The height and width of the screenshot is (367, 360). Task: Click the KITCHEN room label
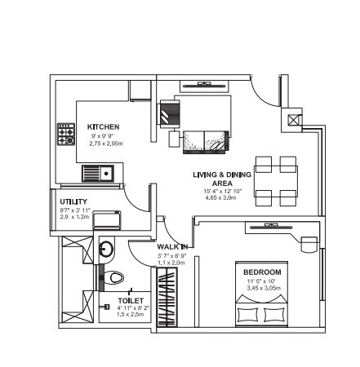tap(104, 127)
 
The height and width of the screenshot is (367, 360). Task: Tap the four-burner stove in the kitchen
tap(65, 134)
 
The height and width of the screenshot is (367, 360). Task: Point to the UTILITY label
tap(73, 201)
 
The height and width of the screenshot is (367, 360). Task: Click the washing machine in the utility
tap(104, 219)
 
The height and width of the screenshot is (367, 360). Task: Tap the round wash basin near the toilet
tap(106, 248)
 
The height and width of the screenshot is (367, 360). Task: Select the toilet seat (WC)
tap(113, 277)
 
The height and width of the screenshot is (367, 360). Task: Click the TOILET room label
tap(130, 300)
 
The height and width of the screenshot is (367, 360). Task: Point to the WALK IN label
tap(173, 245)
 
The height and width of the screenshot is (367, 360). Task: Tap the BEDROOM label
tap(262, 272)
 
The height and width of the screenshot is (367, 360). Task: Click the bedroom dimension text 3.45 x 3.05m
tap(262, 289)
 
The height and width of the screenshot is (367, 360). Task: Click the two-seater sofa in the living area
tap(204, 138)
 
